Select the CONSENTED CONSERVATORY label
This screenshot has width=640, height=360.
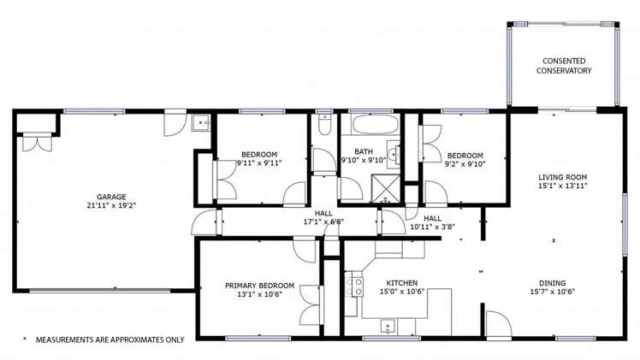[x=564, y=65]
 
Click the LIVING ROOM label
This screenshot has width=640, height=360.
[x=563, y=177]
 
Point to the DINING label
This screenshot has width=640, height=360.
[x=552, y=283]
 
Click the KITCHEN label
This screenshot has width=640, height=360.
[x=401, y=283]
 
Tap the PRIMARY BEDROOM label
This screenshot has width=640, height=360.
[x=259, y=286]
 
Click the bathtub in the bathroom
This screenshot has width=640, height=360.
[x=375, y=125]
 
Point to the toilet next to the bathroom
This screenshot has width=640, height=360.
[x=324, y=127]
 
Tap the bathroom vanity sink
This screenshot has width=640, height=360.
[x=393, y=155]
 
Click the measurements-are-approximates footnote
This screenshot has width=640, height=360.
[x=104, y=339]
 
